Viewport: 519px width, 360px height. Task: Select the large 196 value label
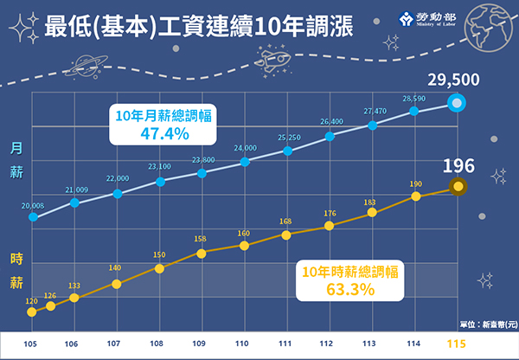458,166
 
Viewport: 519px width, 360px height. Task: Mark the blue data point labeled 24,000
245,162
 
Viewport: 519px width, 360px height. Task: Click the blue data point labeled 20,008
33,216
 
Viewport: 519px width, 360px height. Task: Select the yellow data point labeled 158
202,253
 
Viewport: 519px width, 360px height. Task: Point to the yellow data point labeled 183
372,212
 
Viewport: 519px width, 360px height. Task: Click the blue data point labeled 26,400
330,136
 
